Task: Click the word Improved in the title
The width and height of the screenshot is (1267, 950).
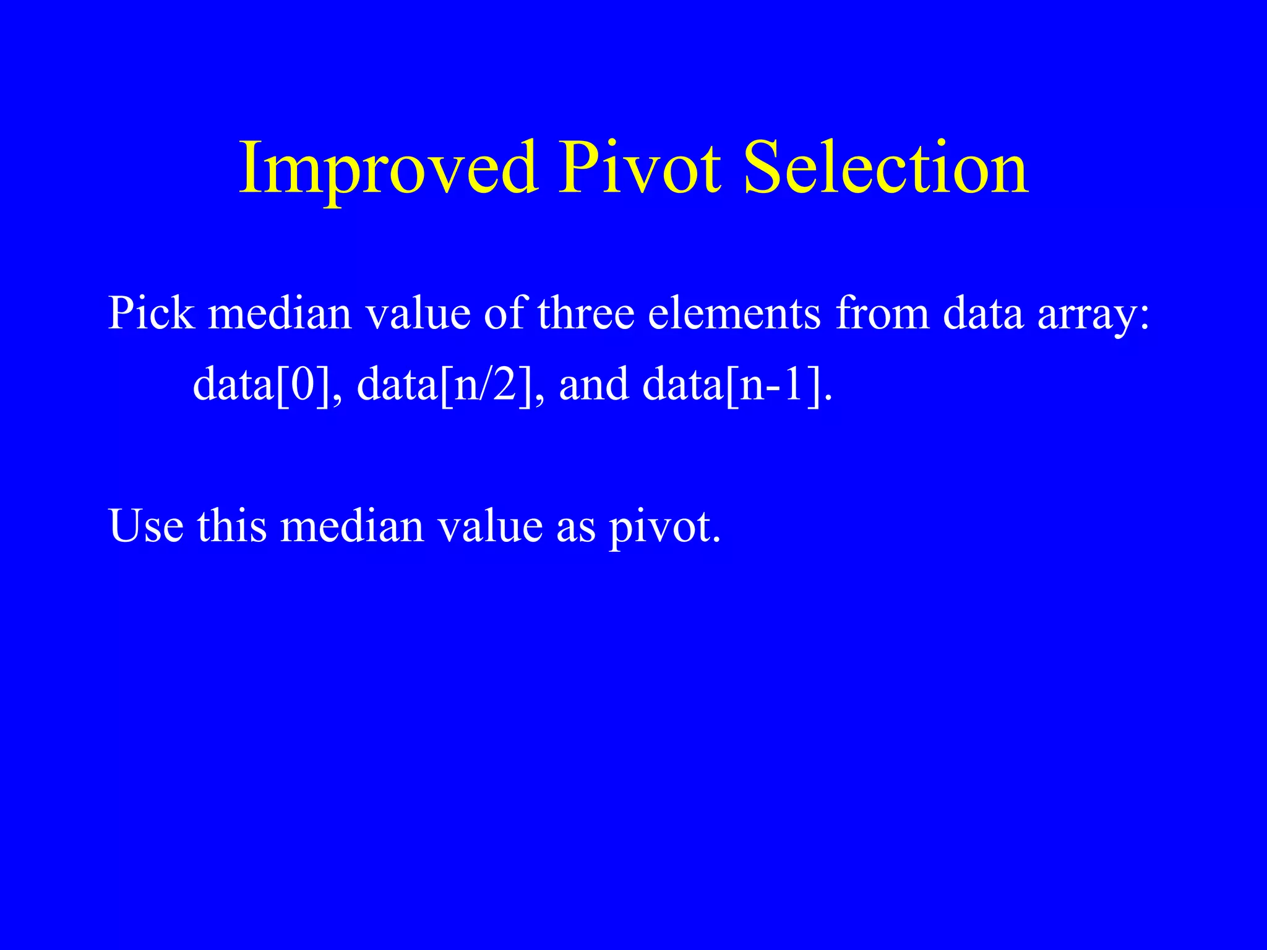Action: coord(388,169)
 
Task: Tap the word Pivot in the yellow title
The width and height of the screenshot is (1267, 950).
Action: coord(640,168)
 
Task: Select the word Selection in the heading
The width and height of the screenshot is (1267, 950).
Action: coord(885,168)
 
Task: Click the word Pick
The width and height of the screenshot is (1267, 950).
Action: coord(151,312)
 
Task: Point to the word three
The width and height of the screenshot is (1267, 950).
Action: coord(586,312)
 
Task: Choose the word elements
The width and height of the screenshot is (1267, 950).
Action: coord(734,312)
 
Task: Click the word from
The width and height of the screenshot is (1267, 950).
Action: coord(882,312)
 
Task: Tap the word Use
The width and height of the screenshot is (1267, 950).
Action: coord(146,526)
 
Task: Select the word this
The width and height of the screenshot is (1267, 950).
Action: coord(232,526)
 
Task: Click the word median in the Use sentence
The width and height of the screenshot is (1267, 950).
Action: coord(352,526)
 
